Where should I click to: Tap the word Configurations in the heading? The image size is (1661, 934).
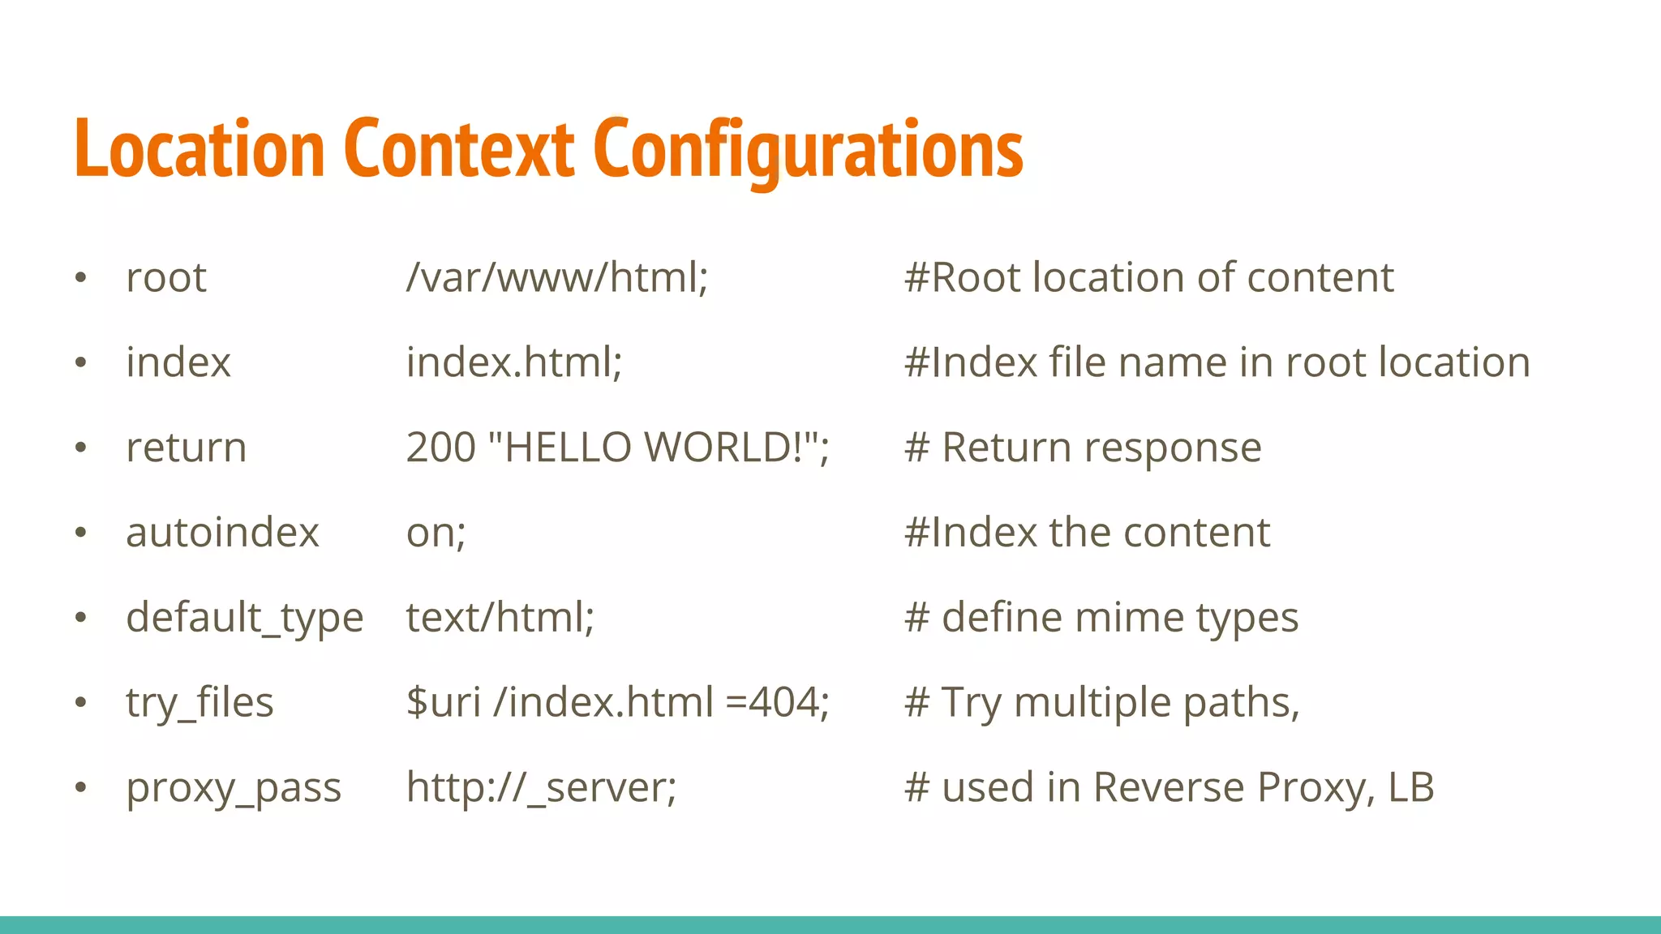808,150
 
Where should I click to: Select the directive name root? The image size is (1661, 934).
166,278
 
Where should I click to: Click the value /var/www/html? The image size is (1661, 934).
557,278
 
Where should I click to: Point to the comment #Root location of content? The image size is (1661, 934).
1148,278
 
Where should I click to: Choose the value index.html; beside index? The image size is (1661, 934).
514,362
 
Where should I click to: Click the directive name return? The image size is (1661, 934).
187,448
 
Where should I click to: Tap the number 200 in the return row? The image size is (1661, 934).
440,448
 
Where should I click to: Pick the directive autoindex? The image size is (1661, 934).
222,533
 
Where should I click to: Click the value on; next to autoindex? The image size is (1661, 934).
436,533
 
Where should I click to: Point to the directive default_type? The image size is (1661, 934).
244,618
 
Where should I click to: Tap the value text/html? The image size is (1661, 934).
500,618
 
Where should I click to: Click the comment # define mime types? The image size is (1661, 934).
1101,618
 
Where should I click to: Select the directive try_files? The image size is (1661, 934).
200,703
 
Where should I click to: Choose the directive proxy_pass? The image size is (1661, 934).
234,788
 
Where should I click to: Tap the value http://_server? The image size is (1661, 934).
541,788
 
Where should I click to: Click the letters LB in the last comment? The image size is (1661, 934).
1411,787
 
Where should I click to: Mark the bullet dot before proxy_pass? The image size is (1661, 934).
80,787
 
